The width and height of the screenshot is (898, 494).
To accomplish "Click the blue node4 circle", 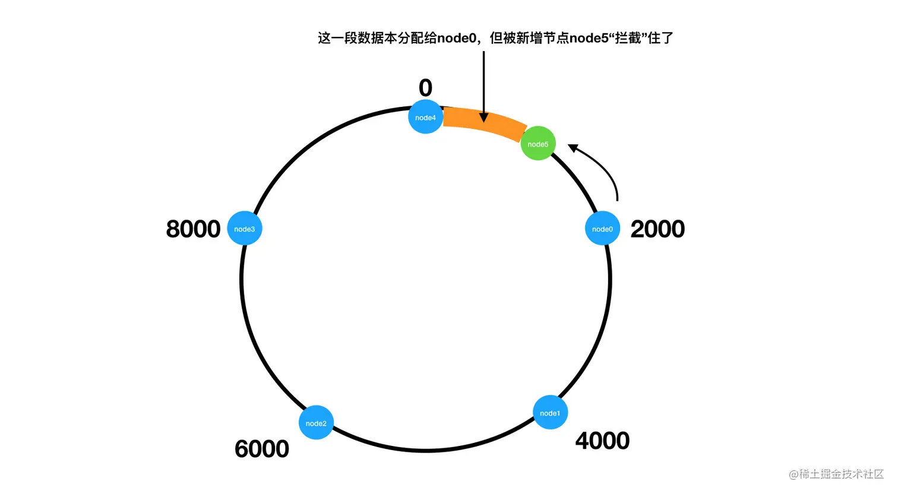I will coord(425,117).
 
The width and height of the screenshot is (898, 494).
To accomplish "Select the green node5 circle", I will coord(538,144).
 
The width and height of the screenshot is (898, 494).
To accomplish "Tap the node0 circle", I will coord(602,229).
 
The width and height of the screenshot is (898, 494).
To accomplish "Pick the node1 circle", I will coord(550,413).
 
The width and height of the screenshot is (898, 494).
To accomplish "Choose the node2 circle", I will coord(316,423).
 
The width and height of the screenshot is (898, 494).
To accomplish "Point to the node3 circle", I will coord(245,229).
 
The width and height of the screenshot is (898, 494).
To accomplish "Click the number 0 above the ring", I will coord(425,88).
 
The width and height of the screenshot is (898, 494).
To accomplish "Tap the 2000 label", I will coord(657,229).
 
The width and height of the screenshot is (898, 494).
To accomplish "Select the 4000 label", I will coord(602,441).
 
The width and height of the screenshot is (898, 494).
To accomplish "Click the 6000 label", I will coord(262,449).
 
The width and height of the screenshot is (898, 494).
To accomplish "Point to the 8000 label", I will coord(193,229).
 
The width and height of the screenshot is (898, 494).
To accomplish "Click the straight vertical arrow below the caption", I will coord(483,83).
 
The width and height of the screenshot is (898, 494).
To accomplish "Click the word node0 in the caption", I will coord(457,39).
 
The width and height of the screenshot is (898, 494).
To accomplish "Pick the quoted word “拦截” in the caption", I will coord(628,39).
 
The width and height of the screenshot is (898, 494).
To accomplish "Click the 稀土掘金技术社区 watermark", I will coord(836,474).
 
